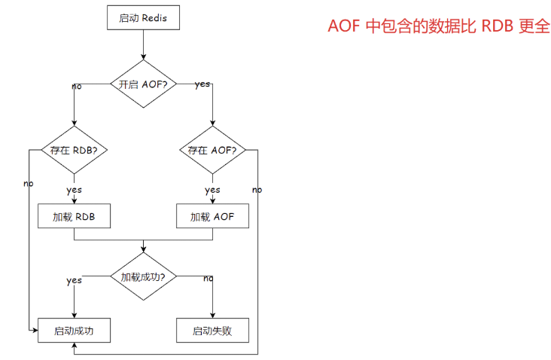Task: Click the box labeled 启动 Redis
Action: click(x=143, y=17)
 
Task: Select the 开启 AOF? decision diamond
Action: click(x=143, y=84)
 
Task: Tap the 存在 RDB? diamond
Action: click(x=74, y=150)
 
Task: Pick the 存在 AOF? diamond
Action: click(x=212, y=150)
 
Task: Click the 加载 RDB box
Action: click(x=74, y=217)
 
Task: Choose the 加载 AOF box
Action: click(x=212, y=217)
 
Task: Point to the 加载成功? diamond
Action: click(x=143, y=276)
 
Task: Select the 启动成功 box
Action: click(x=74, y=330)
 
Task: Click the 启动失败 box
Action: click(x=212, y=330)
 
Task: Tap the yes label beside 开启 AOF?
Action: click(x=202, y=84)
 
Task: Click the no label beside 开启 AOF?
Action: click(x=77, y=86)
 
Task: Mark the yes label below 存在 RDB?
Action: click(x=74, y=190)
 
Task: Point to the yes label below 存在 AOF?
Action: click(x=212, y=190)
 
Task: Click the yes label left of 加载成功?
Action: click(x=74, y=280)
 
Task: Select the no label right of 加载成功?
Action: click(x=208, y=278)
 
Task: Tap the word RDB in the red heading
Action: click(x=498, y=26)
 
